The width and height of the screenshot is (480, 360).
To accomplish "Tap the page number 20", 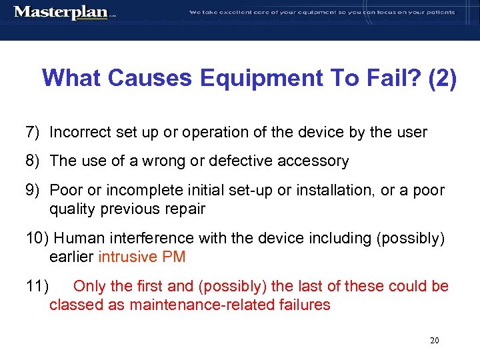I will click(435, 341).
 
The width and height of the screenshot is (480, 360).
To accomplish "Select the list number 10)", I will click(37, 238).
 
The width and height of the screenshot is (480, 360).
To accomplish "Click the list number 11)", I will click(37, 287).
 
